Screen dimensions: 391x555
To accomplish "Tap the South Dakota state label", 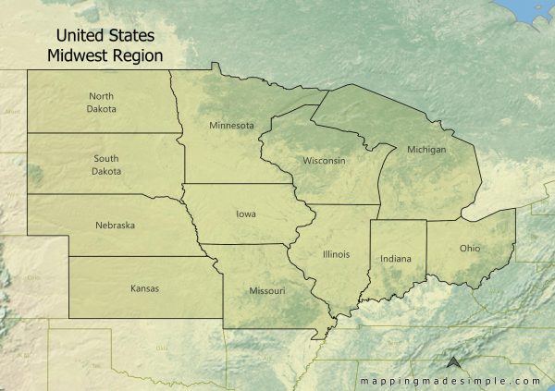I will point(105,165).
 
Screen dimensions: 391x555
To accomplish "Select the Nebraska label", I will point(115,225).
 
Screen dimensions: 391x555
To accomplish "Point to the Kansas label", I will point(144,288).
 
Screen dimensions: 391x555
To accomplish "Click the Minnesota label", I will point(231,126).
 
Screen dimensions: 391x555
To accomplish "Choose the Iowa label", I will point(246,214).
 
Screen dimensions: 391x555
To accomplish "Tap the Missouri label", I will point(267,291).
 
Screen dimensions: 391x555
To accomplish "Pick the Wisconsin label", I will point(324,161).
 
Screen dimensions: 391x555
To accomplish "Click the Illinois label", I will point(337,252).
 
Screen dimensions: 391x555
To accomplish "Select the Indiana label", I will point(396,259).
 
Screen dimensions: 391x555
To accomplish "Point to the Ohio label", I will point(469,248).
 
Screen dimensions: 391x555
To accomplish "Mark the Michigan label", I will point(425,150).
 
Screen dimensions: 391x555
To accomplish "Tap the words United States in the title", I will point(105,35).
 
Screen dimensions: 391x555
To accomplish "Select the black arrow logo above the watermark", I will point(454,363).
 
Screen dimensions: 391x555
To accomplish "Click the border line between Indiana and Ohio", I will point(427,250).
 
